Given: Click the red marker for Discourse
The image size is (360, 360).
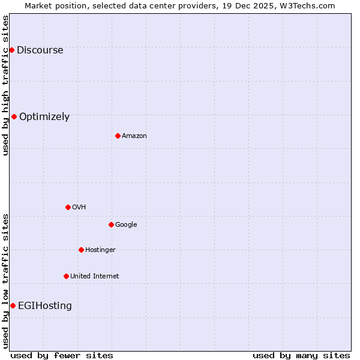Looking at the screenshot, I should coord(11,50).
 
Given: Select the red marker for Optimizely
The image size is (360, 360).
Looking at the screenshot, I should coord(14,116).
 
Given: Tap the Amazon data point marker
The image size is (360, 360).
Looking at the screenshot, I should coord(118,136).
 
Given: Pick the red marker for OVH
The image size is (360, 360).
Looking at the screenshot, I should coord(68,207).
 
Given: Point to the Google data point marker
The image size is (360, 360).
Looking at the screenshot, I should coord(111,224).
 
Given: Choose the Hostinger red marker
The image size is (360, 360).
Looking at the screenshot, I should coord(81,250).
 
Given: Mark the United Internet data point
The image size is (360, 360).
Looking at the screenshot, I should coord(66,276).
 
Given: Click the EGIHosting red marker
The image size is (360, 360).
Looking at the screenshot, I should coord(13,305).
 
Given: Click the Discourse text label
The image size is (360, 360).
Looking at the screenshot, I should coord(40,50).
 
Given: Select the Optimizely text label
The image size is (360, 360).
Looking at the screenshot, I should coord(44,117).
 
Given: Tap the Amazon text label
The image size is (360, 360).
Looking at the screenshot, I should coord(134,136).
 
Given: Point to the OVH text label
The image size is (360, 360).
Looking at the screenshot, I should coord(79,208).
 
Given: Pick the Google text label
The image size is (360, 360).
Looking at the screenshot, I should coord(126,225).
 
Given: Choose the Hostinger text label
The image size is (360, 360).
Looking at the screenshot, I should coord(100,250).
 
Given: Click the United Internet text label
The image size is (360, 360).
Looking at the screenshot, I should coord(94,277).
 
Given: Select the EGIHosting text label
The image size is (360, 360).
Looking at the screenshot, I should coord(45,306).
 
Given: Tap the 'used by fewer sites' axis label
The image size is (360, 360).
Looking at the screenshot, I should coord(62,355).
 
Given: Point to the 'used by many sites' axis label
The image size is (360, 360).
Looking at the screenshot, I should coord(301,355).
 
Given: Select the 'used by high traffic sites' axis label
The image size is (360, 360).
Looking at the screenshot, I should coord(6,85).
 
